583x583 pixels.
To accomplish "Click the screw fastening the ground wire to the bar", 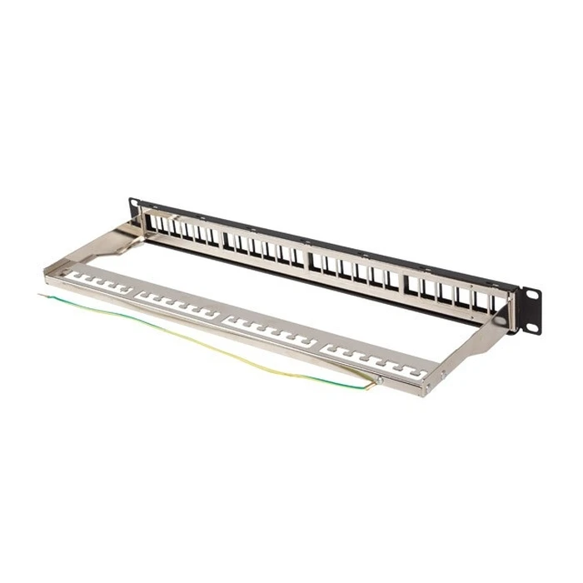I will tap(379, 381).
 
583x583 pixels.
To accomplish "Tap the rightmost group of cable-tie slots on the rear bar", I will tap(371, 356).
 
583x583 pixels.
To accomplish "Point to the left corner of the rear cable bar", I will tap(49, 271).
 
